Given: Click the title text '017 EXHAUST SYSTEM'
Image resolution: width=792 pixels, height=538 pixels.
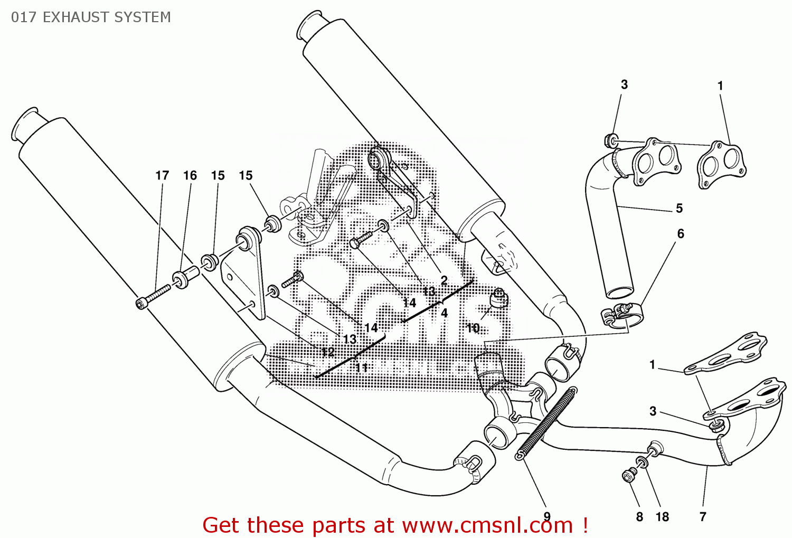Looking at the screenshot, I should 91,17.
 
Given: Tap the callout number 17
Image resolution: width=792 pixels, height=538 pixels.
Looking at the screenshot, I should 162,175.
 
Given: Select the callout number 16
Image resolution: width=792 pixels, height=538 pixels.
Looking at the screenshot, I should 190,175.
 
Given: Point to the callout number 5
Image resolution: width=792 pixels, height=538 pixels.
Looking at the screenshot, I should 679,209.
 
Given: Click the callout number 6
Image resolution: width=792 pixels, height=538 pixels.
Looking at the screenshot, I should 681,233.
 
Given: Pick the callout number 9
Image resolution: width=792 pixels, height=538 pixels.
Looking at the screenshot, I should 547,516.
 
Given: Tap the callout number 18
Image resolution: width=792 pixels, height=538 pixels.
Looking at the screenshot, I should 662,517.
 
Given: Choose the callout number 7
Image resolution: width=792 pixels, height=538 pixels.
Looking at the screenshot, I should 703,517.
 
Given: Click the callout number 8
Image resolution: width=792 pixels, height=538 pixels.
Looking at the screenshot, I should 639,517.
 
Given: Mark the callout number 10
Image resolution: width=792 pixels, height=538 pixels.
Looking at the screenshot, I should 473,328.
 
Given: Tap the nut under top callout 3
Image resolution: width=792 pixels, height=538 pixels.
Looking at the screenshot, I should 611,141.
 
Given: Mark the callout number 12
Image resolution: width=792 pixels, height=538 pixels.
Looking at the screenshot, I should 328,352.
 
